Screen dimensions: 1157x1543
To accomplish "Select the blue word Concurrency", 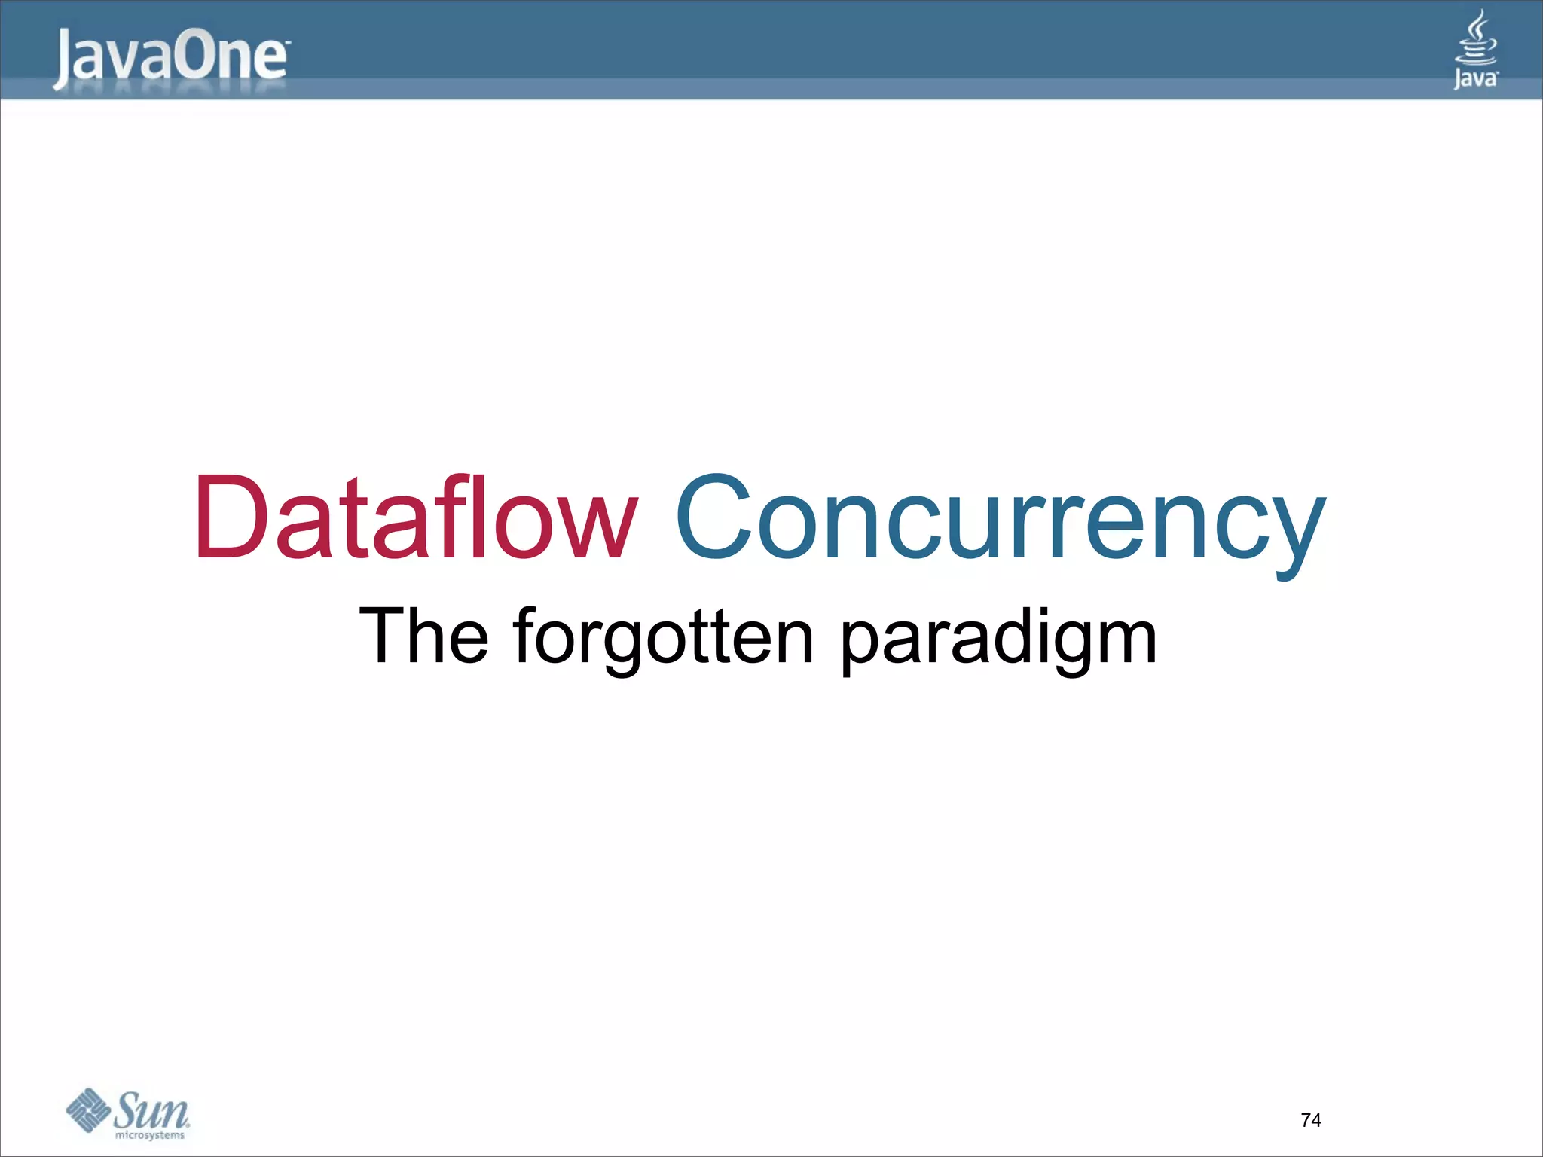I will coord(1000,520).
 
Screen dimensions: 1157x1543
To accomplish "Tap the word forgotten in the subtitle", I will coord(664,637).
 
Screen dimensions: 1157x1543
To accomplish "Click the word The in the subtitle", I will coord(424,636).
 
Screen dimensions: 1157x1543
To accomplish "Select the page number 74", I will coord(1311,1120).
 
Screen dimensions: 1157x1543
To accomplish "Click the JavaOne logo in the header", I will coord(170,58).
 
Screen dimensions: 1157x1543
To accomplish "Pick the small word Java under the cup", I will coord(1475,78).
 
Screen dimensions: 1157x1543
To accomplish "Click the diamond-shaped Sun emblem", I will coord(88,1110).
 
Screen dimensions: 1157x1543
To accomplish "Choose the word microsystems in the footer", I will coord(149,1135).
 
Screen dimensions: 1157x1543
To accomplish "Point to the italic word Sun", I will coord(152,1110).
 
